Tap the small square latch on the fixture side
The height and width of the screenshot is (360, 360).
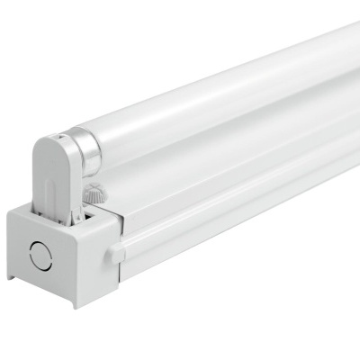point(115,254)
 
